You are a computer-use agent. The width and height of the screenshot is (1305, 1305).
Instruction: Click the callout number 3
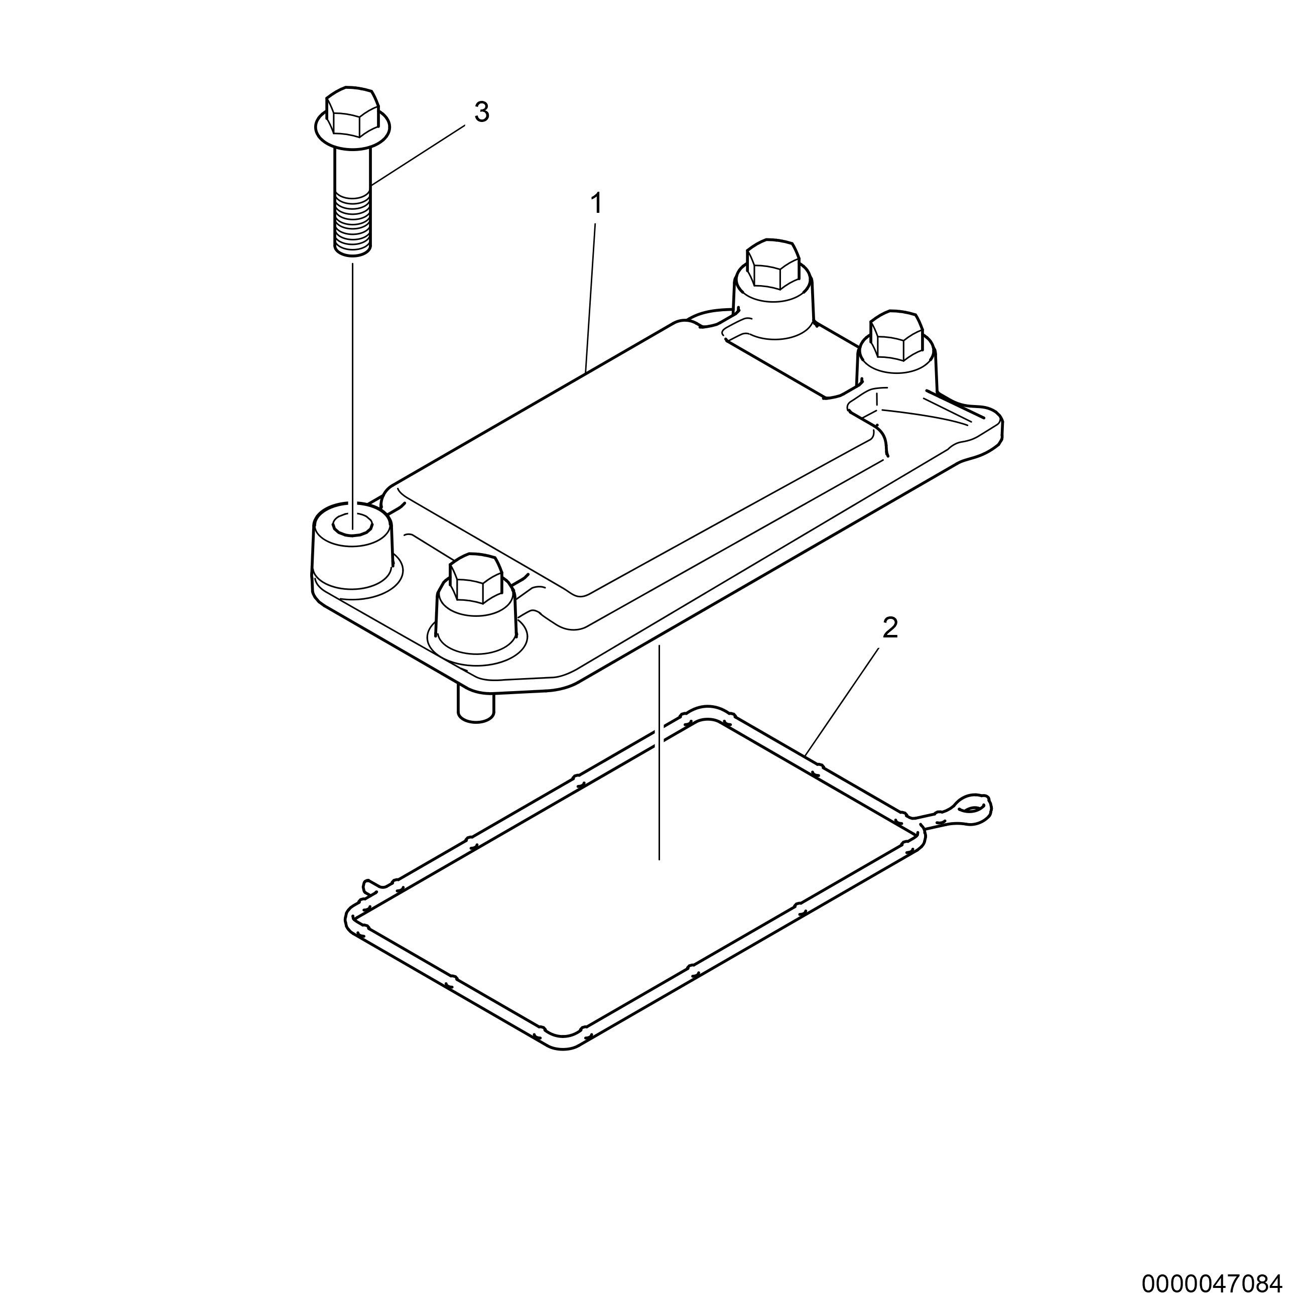(482, 113)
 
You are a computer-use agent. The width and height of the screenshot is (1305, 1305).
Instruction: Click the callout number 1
(596, 203)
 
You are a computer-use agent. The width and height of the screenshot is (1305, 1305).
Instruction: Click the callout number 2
(890, 629)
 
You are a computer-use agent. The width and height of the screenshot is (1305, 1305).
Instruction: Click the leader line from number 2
(842, 701)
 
